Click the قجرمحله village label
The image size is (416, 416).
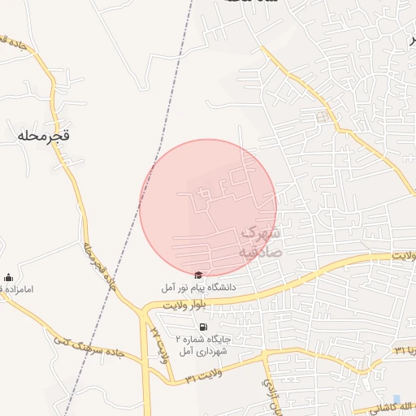tap(42, 136)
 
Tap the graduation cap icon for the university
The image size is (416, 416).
tap(199, 275)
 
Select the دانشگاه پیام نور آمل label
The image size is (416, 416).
tap(199, 288)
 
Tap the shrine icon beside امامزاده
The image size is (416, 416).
tap(8, 277)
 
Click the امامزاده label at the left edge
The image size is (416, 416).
tap(16, 289)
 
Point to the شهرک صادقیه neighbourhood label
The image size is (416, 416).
tap(259, 242)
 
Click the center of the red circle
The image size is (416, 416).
tap(208, 208)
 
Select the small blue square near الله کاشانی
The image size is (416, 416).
tap(396, 398)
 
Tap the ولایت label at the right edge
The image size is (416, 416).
tap(403, 255)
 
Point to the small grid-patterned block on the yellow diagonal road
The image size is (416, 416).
tap(323, 117)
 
